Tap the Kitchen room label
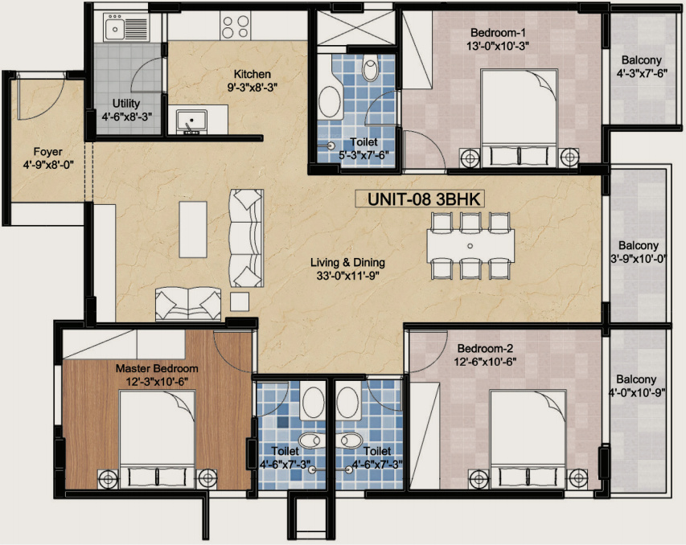[252, 74]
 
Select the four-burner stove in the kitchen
[236, 27]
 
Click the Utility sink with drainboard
[126, 27]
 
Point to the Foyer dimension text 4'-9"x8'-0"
[48, 165]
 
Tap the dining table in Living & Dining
[470, 246]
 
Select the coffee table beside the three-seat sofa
[193, 229]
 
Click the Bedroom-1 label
[498, 32]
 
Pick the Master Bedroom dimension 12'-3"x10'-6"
[157, 381]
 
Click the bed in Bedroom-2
[528, 439]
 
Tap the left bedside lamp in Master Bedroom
[108, 478]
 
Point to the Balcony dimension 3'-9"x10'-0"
[639, 259]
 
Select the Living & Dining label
[347, 262]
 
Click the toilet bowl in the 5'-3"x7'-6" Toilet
[371, 68]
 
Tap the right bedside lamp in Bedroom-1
[569, 158]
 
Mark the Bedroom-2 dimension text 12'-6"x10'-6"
[485, 362]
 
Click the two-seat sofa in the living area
[188, 304]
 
